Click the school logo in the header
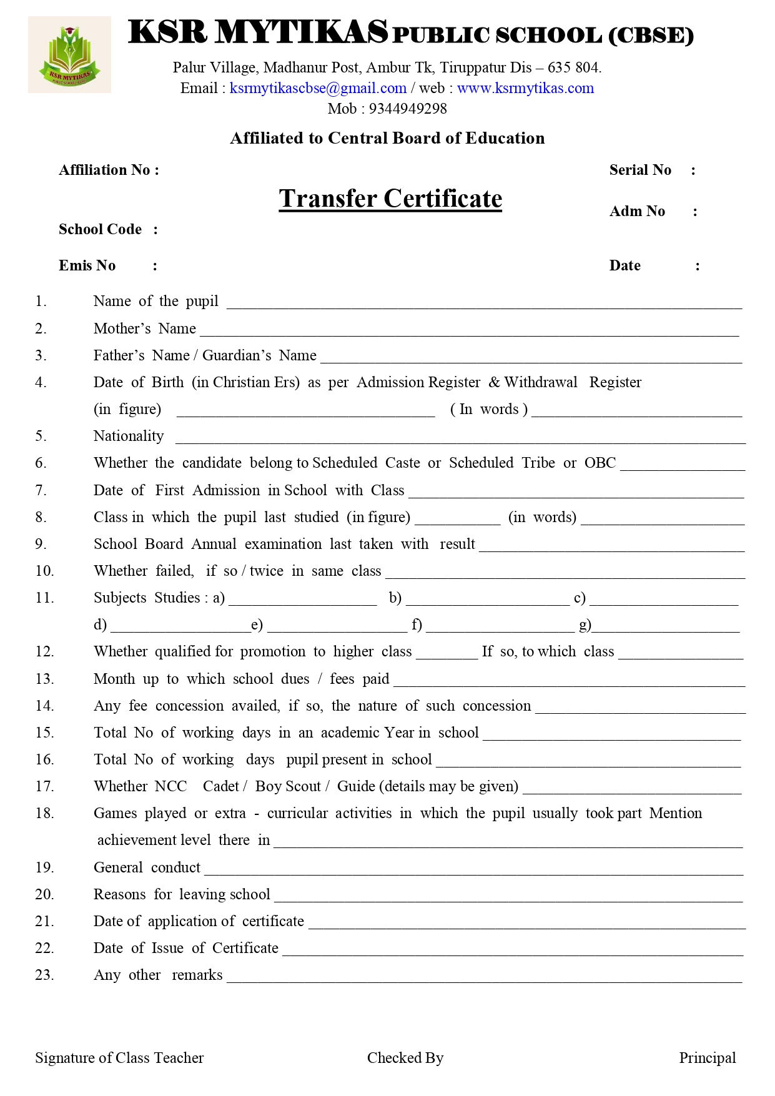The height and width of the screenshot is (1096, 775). point(69,55)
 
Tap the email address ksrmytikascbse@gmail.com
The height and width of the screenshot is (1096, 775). point(318,88)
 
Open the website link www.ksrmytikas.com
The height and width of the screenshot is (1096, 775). point(525,88)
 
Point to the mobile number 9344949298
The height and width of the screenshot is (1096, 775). point(408,109)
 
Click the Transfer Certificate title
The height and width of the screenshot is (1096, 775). point(390,199)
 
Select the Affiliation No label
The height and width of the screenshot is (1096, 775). point(109,170)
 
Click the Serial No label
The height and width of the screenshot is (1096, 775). point(640,170)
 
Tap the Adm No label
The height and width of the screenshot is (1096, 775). point(637,211)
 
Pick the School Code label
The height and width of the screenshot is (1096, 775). point(101,229)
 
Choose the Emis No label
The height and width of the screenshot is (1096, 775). point(87,265)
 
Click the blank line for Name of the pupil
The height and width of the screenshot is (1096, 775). point(484,304)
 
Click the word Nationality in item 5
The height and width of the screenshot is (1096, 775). point(129,436)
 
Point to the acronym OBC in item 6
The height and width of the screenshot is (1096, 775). point(600,463)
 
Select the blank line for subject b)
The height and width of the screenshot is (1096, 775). point(487,600)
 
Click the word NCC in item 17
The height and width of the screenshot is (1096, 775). point(170,786)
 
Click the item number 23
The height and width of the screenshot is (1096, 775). point(44,975)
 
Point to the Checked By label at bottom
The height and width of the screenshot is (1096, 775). point(405,1058)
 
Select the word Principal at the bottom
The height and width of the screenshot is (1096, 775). point(708,1058)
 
